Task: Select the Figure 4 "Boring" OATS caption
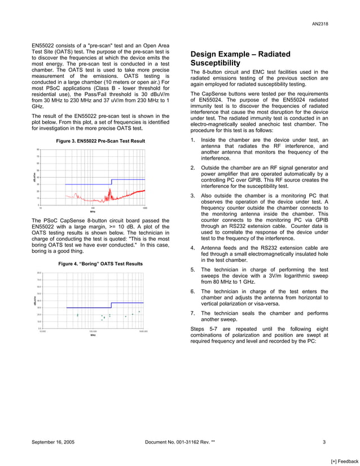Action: (101, 263)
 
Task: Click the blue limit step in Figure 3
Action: (112, 182)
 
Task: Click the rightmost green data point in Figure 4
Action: (139, 311)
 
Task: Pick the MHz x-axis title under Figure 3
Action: (93, 212)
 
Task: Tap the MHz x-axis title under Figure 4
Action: (93, 335)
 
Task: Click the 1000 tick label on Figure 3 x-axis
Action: (145, 208)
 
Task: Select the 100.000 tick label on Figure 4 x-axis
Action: (93, 332)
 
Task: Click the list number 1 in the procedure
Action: (193, 139)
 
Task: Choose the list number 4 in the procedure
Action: (193, 247)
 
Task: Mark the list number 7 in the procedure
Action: (193, 313)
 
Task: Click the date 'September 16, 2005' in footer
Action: (54, 442)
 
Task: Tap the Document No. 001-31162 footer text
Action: (179, 442)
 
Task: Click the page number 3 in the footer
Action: (324, 442)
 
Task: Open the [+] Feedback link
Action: (344, 461)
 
